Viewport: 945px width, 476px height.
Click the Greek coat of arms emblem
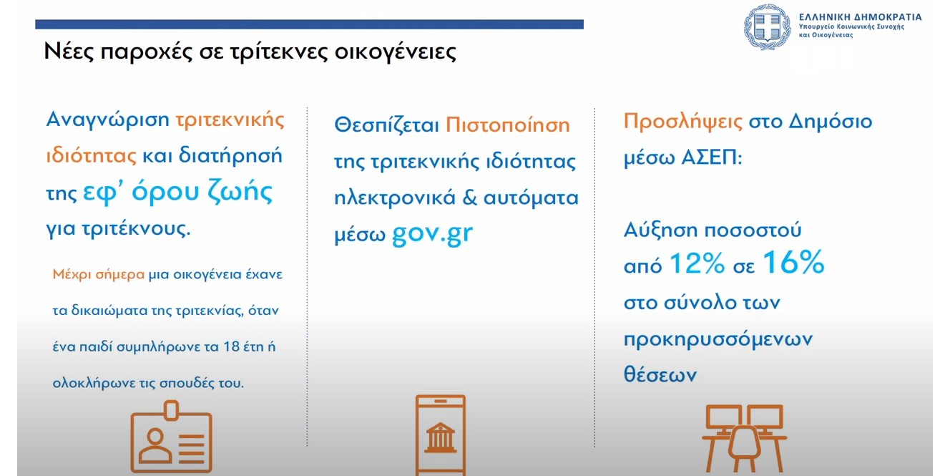point(768,26)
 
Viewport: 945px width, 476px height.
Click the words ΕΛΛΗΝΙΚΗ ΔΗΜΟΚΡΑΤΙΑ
point(860,16)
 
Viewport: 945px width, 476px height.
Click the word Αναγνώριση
point(107,120)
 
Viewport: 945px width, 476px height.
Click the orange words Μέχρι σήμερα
point(99,274)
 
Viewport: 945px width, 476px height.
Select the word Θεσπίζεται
point(386,125)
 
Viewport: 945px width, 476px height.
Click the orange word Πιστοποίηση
point(507,125)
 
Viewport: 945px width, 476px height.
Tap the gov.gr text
point(432,235)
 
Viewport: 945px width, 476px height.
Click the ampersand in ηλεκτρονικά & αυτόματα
point(469,198)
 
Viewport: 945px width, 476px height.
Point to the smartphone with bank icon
point(440,434)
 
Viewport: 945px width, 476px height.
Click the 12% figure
point(697,266)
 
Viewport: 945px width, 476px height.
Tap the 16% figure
point(793,264)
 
